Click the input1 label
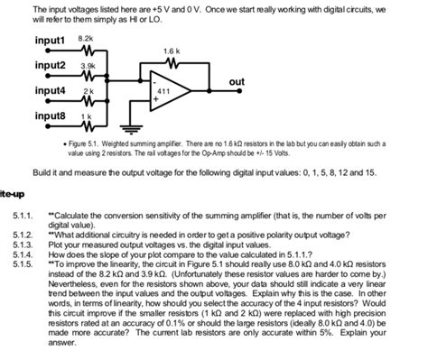pyautogui.click(x=51, y=42)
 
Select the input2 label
pyautogui.click(x=51, y=67)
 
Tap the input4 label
pyautogui.click(x=51, y=91)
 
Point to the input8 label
pyautogui.click(x=51, y=116)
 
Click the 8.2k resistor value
pyautogui.click(x=87, y=40)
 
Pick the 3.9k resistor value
pyautogui.click(x=88, y=67)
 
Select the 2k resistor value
pyautogui.click(x=88, y=93)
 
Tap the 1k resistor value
pyautogui.click(x=88, y=118)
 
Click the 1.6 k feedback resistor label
pyautogui.click(x=172, y=51)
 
